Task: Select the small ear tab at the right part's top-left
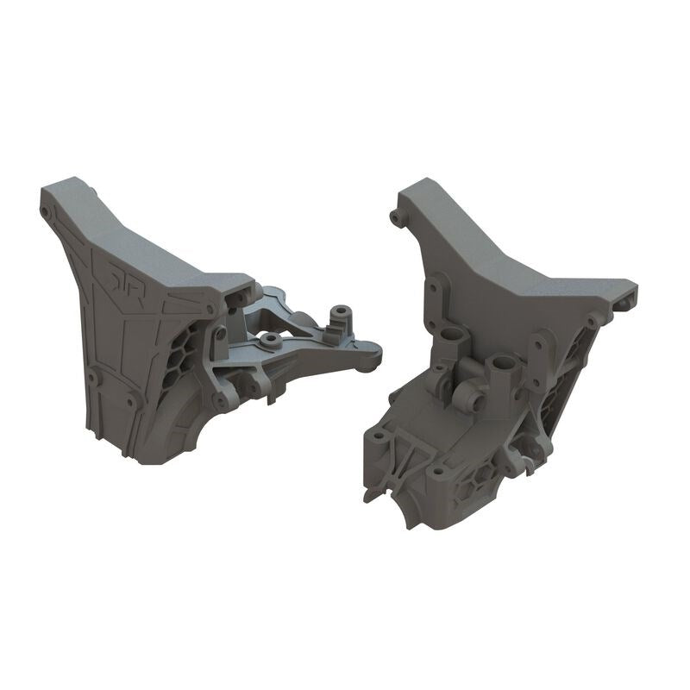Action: coord(398,211)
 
